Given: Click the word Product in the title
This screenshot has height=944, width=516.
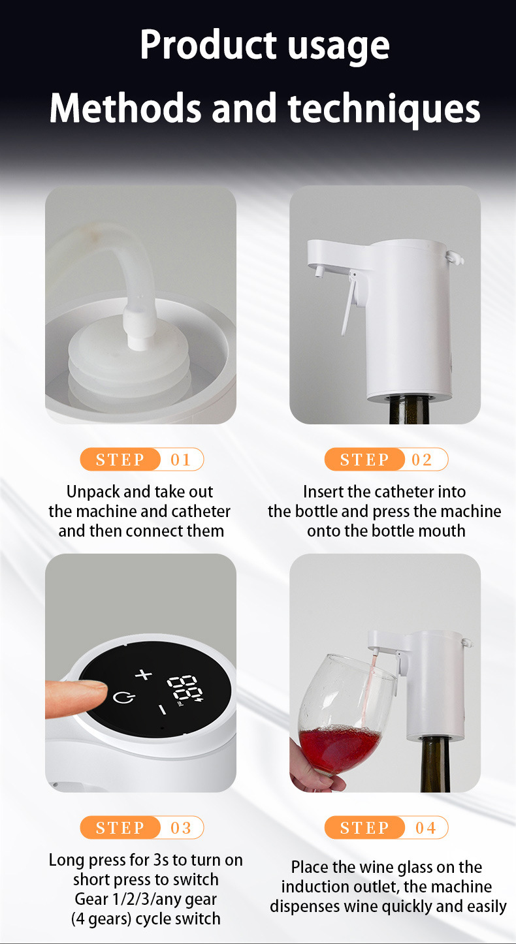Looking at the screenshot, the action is click(208, 45).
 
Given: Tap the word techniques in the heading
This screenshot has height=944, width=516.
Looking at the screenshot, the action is click(384, 108).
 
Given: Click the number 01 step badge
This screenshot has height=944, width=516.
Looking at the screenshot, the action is click(142, 459).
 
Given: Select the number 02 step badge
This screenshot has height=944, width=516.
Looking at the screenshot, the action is click(386, 459).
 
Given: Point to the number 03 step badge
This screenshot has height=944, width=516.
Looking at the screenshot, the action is click(142, 827).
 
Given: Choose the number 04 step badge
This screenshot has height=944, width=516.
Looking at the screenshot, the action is click(386, 827).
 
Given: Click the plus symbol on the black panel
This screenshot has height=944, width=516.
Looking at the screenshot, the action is click(143, 674).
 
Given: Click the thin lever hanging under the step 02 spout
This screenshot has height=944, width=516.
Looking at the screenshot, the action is click(349, 304).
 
